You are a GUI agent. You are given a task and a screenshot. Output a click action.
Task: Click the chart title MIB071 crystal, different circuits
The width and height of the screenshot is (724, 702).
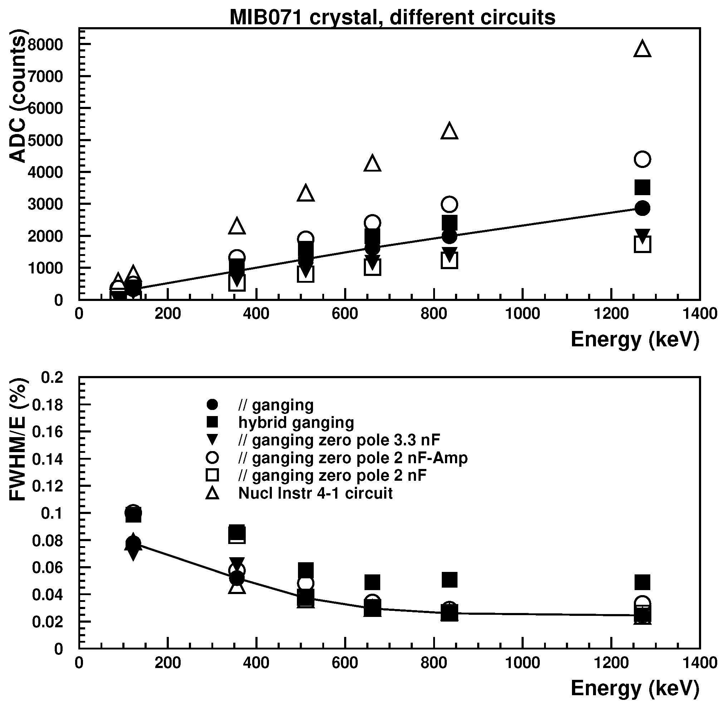pyautogui.click(x=392, y=18)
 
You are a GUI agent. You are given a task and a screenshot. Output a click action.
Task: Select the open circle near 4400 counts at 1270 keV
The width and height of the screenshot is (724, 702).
pyautogui.click(x=642, y=159)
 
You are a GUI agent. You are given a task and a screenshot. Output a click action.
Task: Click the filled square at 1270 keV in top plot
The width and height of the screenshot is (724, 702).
pyautogui.click(x=642, y=188)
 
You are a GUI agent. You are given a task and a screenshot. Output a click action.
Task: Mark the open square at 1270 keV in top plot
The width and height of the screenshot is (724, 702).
pyautogui.click(x=642, y=244)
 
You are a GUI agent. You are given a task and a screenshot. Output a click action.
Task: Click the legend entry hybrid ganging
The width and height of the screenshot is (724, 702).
pyautogui.click(x=296, y=422)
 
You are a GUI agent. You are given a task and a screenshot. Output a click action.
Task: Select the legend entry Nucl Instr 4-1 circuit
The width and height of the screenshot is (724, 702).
pyautogui.click(x=315, y=493)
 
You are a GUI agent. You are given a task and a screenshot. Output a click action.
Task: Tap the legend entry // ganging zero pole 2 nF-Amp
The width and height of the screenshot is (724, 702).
pyautogui.click(x=353, y=458)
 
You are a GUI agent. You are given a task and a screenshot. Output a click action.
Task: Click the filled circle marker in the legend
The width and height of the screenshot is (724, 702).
pyautogui.click(x=212, y=405)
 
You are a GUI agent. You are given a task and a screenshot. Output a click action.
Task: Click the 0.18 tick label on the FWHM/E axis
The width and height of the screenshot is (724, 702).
pyautogui.click(x=48, y=405)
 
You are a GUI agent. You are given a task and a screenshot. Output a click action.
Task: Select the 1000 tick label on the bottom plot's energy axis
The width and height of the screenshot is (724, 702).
pyautogui.click(x=522, y=663)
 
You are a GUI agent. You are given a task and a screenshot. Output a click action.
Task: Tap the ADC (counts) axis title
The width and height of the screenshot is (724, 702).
pyautogui.click(x=18, y=96)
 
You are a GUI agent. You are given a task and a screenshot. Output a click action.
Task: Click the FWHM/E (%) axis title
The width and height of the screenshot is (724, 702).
pyautogui.click(x=18, y=440)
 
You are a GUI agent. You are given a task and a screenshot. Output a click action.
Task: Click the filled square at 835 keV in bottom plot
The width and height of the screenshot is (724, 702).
pyautogui.click(x=449, y=580)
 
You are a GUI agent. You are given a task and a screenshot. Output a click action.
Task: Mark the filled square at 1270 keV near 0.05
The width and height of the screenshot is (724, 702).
pyautogui.click(x=642, y=582)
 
